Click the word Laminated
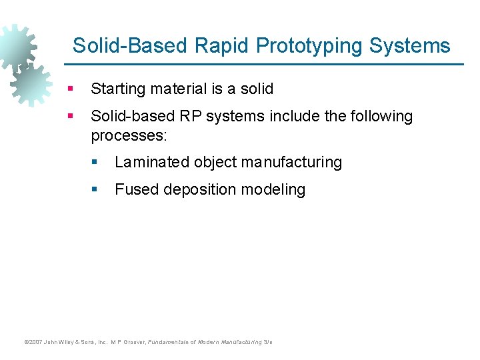[151, 163]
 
